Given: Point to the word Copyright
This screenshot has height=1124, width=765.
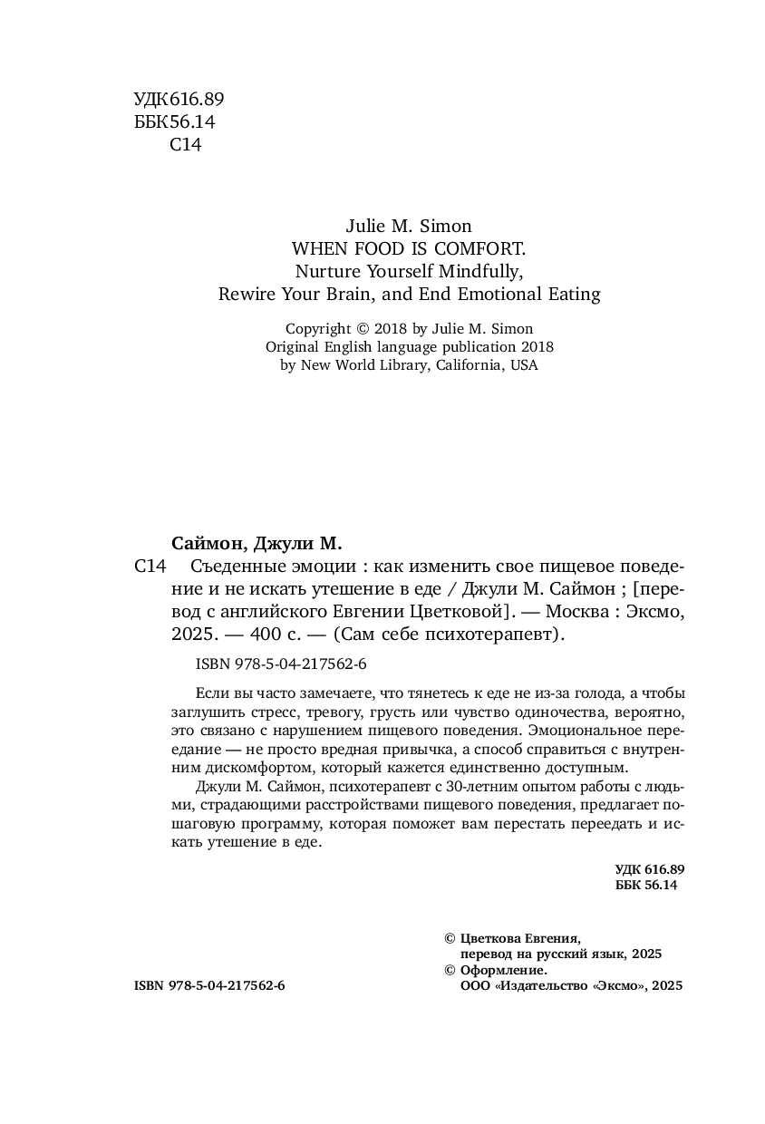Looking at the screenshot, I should pyautogui.click(x=317, y=328).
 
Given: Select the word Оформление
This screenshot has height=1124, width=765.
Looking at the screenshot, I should pyautogui.click(x=503, y=970).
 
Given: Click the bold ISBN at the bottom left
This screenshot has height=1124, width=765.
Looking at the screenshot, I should pyautogui.click(x=147, y=985).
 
